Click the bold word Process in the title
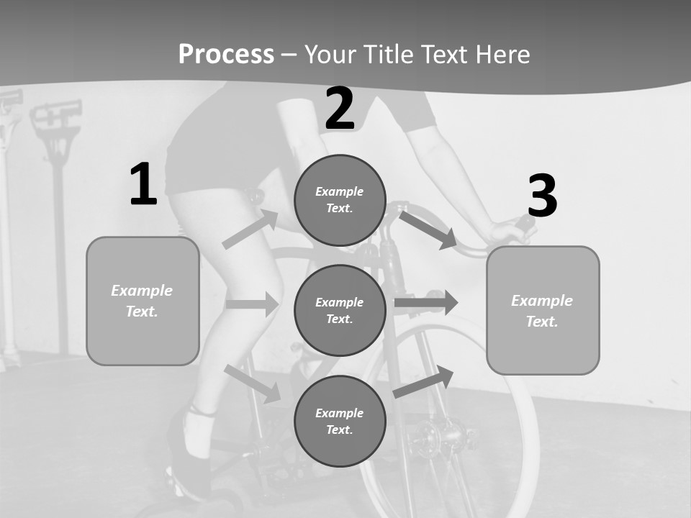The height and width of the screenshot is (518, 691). [x=226, y=54]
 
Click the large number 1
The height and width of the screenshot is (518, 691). [x=143, y=184]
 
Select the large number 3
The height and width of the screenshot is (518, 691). [x=542, y=196]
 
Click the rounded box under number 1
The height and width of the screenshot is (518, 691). [x=143, y=301]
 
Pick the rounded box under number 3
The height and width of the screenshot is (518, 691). [x=543, y=310]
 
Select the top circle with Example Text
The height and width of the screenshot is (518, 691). [x=340, y=200]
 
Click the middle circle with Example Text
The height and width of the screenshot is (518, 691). [x=340, y=310]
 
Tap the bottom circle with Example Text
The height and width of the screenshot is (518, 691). [x=340, y=421]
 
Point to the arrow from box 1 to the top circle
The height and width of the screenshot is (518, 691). [x=250, y=230]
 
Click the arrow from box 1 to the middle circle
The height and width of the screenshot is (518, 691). [x=253, y=304]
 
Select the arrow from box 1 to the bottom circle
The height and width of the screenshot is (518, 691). [x=253, y=383]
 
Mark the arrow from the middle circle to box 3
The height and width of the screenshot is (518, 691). [x=426, y=302]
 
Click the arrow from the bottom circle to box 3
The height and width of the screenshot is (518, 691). [x=424, y=382]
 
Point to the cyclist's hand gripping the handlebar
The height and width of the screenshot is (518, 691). [x=508, y=232]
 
